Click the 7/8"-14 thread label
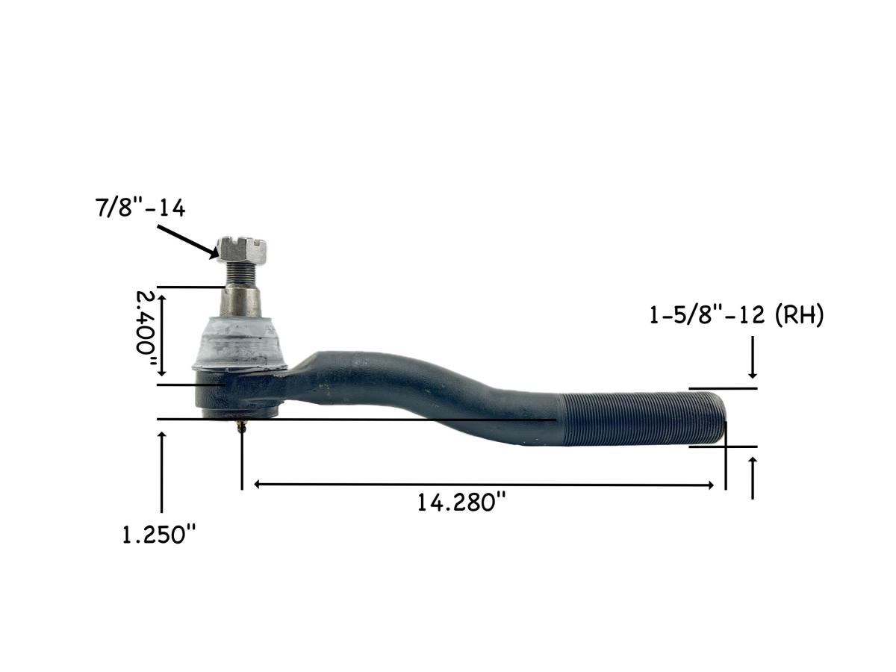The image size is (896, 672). coord(140,208)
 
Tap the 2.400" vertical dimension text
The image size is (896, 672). coord(147,332)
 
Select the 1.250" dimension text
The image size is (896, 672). coord(161,535)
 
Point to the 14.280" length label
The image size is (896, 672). coord(461,503)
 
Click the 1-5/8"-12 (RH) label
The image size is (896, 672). coord(736,316)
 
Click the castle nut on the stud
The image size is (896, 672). coord(242,249)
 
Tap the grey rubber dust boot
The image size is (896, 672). coord(240,341)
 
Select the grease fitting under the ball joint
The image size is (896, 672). coord(240,428)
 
